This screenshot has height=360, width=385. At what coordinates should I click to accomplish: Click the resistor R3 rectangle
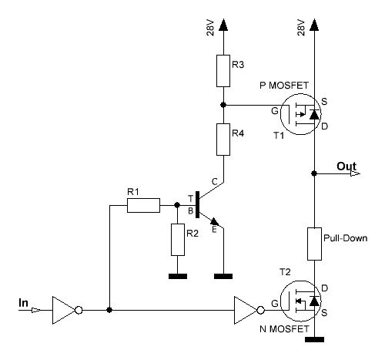[223, 71]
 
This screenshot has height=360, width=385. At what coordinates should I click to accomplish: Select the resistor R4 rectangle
[223, 140]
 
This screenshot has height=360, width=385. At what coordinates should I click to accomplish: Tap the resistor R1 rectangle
[143, 205]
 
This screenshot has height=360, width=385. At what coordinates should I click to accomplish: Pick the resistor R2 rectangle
[178, 240]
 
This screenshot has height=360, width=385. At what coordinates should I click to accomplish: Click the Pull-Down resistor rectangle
[314, 244]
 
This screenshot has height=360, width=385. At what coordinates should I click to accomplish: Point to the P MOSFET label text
[284, 86]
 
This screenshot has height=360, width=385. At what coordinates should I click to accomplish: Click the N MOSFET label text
[284, 329]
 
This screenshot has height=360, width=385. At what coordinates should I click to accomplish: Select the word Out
[346, 167]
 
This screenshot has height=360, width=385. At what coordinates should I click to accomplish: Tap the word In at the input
[23, 303]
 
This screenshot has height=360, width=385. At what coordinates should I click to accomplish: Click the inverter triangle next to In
[67, 310]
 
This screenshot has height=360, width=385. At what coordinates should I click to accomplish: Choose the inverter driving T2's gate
[249, 310]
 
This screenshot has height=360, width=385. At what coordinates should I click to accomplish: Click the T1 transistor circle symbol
[280, 114]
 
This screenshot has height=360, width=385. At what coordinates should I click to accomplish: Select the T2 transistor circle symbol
[280, 301]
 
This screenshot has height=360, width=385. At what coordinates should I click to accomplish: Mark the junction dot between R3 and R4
[223, 105]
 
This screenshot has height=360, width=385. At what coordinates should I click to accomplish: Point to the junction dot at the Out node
[314, 173]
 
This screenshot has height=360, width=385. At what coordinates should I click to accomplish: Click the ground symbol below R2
[178, 276]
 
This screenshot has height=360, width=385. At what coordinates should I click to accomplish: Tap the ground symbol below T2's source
[314, 339]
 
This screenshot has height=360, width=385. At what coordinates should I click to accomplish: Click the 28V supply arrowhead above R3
[223, 25]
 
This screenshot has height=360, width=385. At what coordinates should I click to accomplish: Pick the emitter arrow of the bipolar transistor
[214, 221]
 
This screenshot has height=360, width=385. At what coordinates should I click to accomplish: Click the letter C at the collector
[215, 182]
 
